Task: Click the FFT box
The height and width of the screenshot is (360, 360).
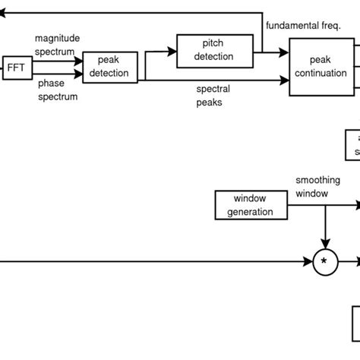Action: coord(16,67)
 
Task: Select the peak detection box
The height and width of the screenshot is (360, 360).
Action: coord(110,67)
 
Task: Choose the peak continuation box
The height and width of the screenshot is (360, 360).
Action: coord(321,66)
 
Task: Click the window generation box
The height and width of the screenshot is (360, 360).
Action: coord(250,205)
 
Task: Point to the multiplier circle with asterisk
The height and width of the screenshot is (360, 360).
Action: coord(324,262)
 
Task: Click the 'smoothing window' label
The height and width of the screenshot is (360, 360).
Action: coord(317,188)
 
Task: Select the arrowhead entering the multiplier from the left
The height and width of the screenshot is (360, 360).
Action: coord(309,262)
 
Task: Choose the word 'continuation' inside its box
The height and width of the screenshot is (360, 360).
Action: coord(321,72)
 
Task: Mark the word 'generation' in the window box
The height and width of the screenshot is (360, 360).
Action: coord(250,212)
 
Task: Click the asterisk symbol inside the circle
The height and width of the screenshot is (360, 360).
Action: coord(324,263)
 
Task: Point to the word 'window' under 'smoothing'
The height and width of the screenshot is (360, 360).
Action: coord(312,194)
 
